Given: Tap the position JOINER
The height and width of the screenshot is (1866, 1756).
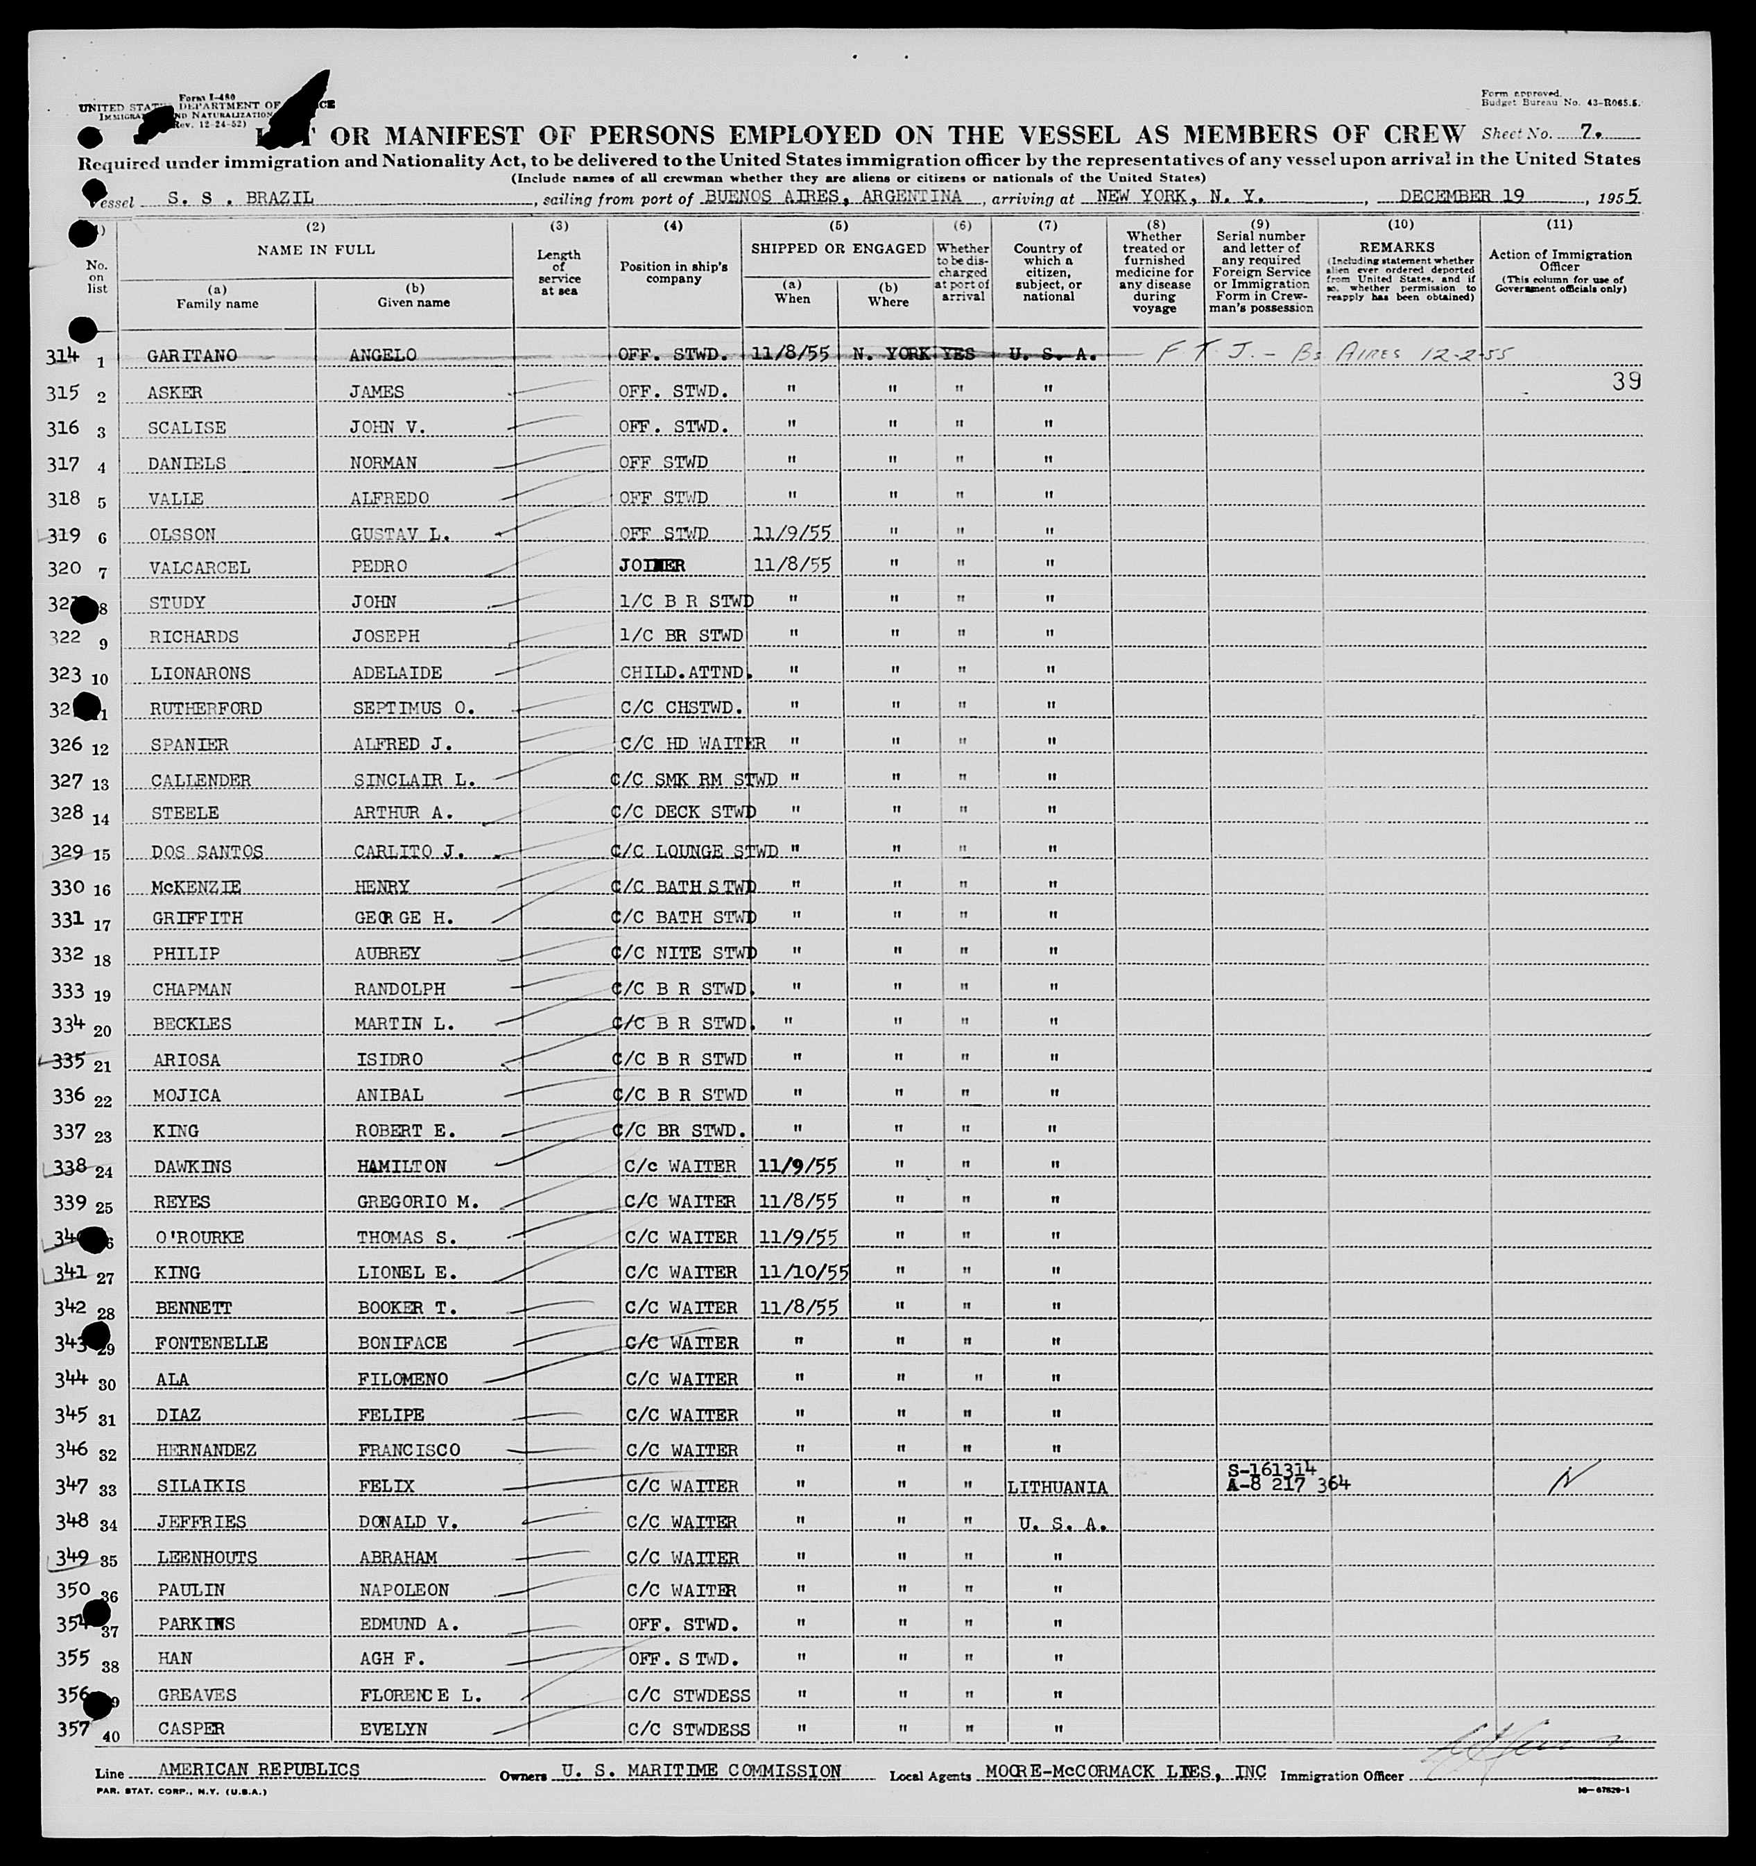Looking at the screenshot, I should pos(651,566).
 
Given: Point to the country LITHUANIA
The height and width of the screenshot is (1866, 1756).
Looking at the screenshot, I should pos(1057,1488).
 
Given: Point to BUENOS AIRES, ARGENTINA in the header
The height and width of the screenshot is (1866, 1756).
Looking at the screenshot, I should pos(834,197).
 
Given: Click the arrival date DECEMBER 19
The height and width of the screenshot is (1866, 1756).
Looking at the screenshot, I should pos(1461,196).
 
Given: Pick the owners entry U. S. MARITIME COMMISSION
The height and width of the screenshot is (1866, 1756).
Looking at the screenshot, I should pos(700,1770).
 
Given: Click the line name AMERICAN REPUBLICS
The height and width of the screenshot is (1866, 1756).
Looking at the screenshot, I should pos(259,1770).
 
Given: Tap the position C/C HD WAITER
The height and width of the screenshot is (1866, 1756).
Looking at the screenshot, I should pos(693,744).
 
